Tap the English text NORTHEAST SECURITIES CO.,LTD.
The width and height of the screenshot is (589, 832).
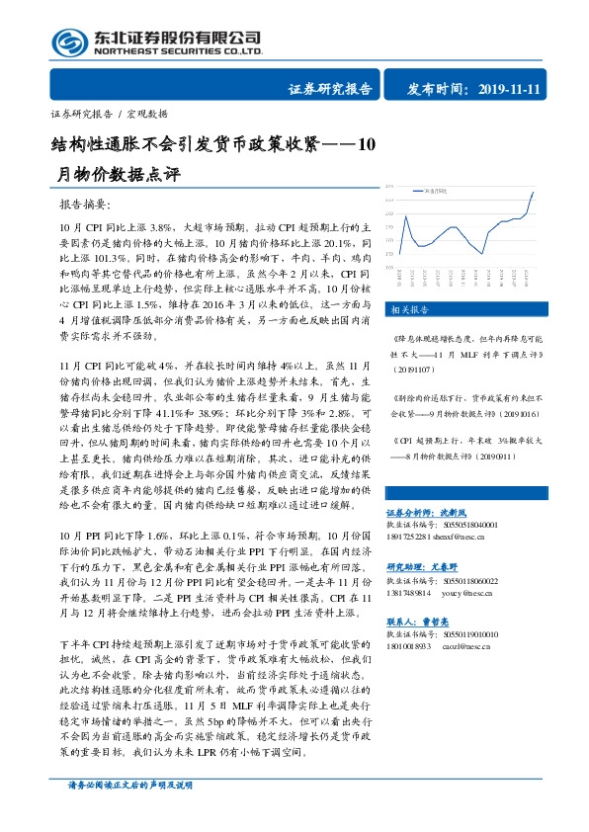tap(178, 50)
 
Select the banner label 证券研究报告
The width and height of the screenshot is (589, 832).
tap(330, 89)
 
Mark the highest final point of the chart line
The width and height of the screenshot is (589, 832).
tap(534, 194)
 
